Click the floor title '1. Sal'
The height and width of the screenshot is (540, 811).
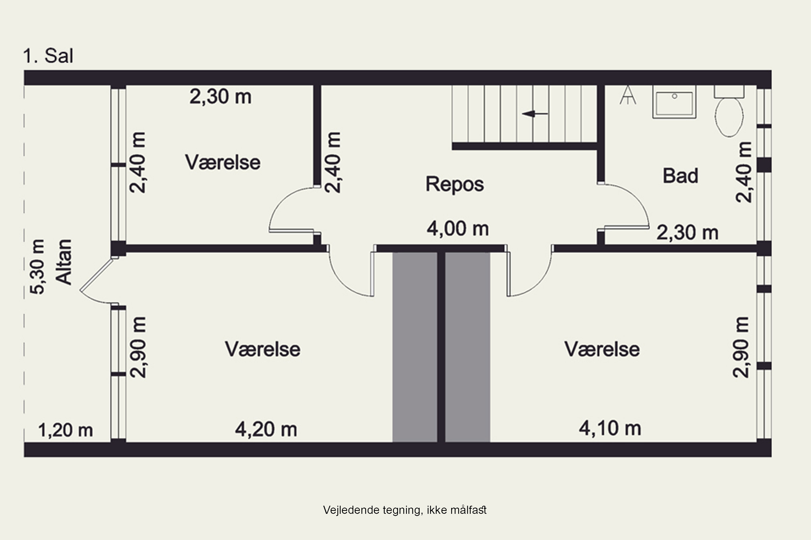click(48, 56)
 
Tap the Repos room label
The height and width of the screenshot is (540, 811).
click(454, 184)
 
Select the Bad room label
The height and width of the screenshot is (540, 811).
click(680, 176)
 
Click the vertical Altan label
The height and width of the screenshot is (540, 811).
click(64, 262)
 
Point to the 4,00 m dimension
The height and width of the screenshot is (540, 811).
click(458, 229)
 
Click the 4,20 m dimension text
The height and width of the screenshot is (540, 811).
click(266, 430)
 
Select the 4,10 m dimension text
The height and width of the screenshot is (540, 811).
click(610, 428)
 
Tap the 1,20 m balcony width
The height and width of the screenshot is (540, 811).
click(65, 430)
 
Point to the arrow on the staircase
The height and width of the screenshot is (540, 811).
click(534, 114)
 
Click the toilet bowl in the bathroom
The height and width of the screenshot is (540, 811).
click(729, 116)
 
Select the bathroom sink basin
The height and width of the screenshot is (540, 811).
click(674, 103)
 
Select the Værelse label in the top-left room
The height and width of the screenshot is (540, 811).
click(223, 162)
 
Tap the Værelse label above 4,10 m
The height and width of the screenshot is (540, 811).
click(602, 349)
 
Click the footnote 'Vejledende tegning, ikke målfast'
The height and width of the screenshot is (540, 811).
click(405, 510)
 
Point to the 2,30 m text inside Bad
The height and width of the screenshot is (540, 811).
click(687, 232)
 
